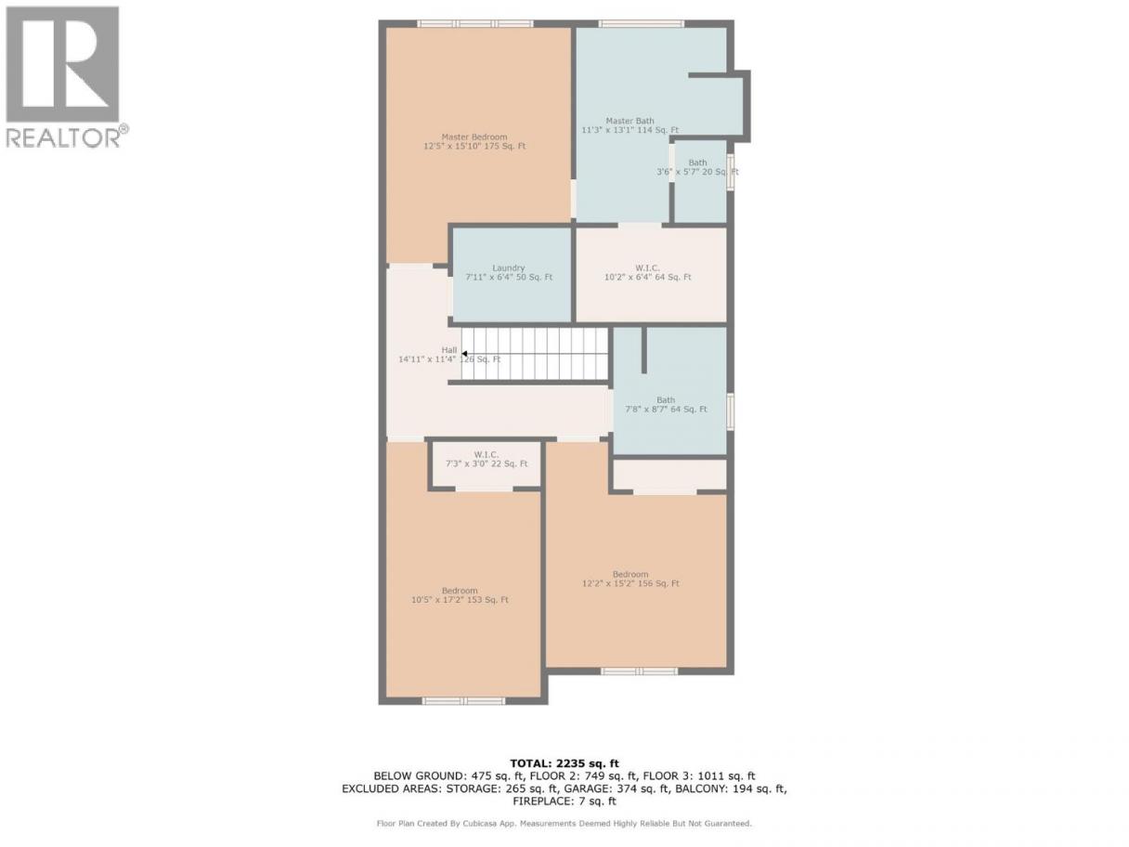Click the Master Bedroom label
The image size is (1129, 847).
474,141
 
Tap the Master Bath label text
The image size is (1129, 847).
629,125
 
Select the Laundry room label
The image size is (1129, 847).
509,272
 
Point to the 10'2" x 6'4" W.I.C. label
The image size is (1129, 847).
647,272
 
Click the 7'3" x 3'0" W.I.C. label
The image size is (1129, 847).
487,459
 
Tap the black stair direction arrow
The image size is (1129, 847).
464,354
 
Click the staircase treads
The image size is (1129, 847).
535,354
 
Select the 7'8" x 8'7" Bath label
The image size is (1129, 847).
666,404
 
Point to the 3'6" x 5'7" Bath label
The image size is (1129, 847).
697,167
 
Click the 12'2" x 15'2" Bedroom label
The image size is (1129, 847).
630,579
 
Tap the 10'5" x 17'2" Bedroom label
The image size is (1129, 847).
460,595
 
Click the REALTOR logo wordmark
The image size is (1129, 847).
68,137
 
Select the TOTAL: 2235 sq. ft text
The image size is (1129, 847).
564,763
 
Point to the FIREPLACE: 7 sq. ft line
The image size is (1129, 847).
564,801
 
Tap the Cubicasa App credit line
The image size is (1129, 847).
564,824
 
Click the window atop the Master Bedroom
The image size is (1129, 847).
474,23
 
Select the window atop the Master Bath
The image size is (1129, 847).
641,23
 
